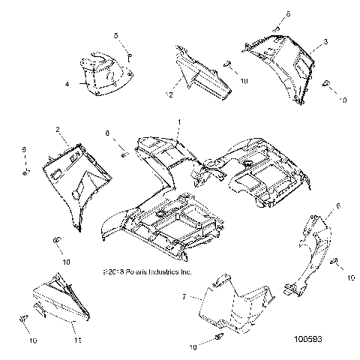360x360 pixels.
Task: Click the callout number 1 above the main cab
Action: click(178, 122)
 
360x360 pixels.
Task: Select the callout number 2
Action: click(57, 130)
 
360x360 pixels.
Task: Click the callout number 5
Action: click(116, 35)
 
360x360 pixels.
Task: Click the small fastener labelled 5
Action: click(128, 54)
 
